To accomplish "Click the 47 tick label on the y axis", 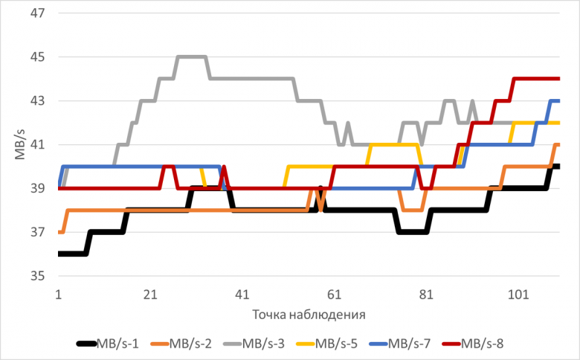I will pyautogui.click(x=39, y=13).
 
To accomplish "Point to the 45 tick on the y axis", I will pyautogui.click(x=39, y=57).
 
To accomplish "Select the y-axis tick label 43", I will pyautogui.click(x=39, y=101).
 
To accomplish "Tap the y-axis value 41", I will pyautogui.click(x=39, y=145).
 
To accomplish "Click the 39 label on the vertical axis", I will pyautogui.click(x=39, y=189).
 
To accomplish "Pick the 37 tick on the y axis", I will pyautogui.click(x=39, y=233).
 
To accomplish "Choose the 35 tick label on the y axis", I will pyautogui.click(x=39, y=277).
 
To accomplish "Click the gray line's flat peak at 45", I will pyautogui.click(x=190, y=57).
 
